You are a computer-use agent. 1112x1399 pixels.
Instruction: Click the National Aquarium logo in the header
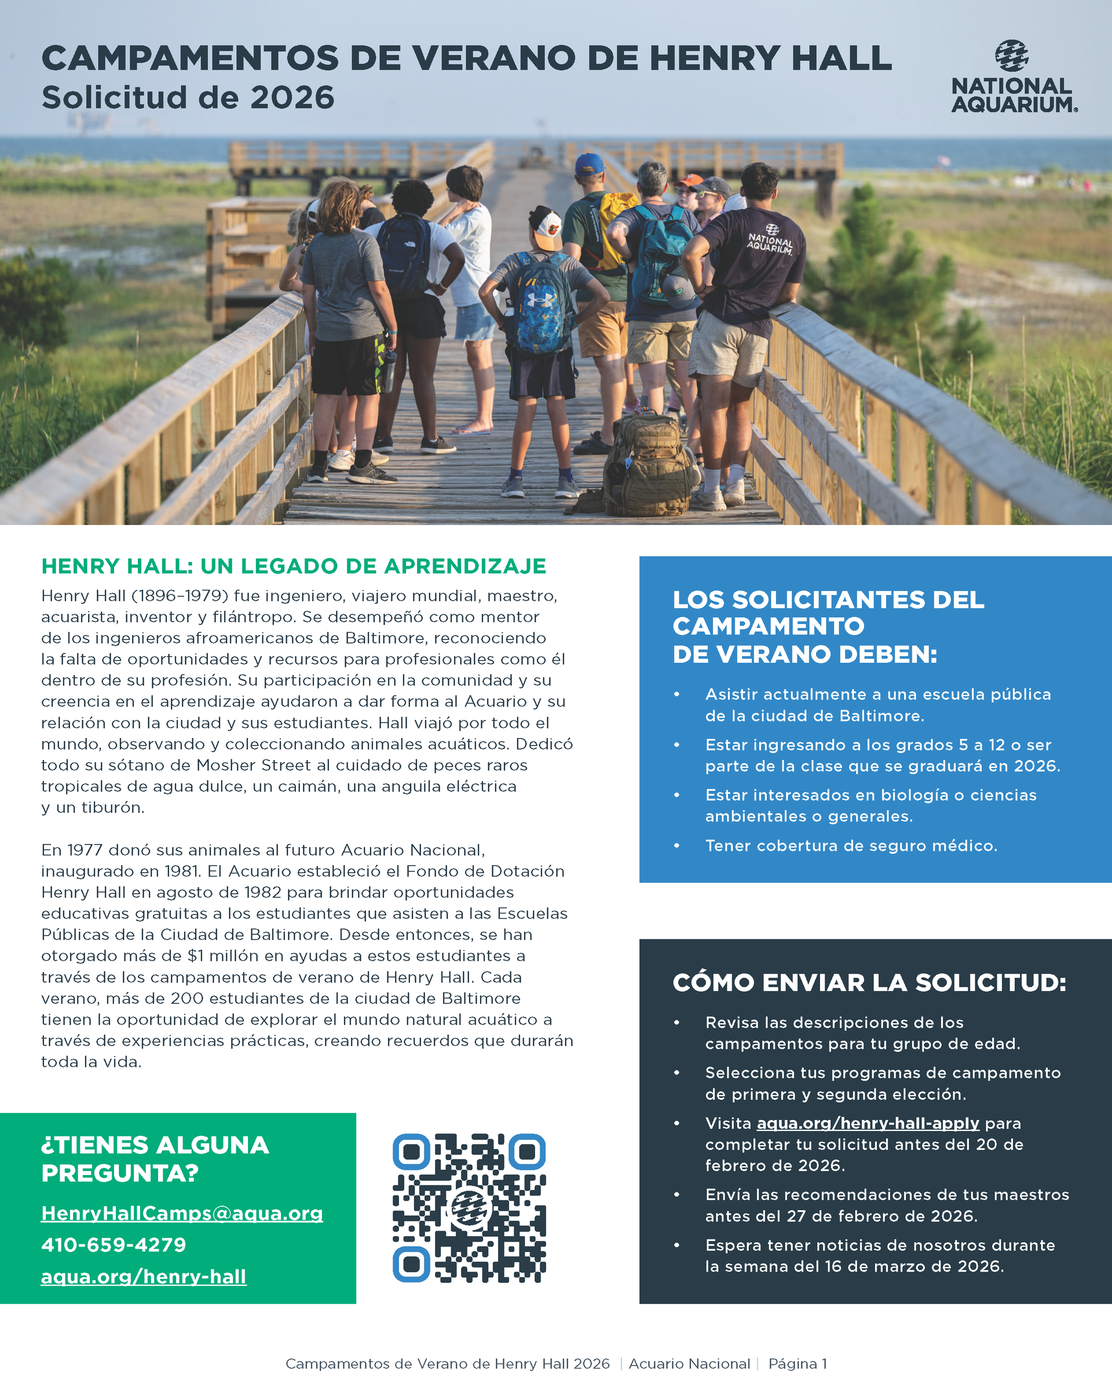coord(1014,76)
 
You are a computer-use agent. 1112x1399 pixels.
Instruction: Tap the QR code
coord(469,1207)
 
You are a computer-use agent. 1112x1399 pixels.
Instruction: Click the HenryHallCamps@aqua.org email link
coord(182,1213)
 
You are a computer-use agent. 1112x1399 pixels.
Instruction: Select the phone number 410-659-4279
coord(114,1244)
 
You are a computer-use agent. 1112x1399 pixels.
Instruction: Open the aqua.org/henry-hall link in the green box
coord(144,1276)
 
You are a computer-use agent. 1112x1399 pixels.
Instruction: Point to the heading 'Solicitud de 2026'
coord(188,98)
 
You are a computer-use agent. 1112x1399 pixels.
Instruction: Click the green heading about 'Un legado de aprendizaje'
coord(294,566)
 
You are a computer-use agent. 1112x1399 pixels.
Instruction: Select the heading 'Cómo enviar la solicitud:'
coord(869,982)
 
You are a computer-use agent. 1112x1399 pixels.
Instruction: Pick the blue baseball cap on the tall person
coord(589,164)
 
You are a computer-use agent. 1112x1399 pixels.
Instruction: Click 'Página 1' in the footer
coord(797,1363)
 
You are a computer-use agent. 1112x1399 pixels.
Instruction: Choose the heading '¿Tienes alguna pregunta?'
coord(155,1159)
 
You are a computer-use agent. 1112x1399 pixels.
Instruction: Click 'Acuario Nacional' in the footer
coord(689,1363)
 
